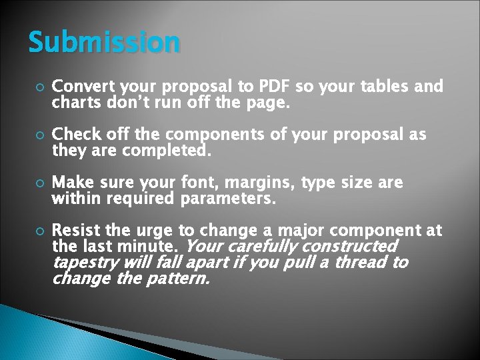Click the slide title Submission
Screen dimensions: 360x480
104,42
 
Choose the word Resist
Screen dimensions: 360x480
75,231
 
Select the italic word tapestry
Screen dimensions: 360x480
84,263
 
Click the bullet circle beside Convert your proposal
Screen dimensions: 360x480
37,87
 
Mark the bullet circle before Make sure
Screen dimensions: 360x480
37,183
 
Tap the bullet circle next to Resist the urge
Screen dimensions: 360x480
37,231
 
